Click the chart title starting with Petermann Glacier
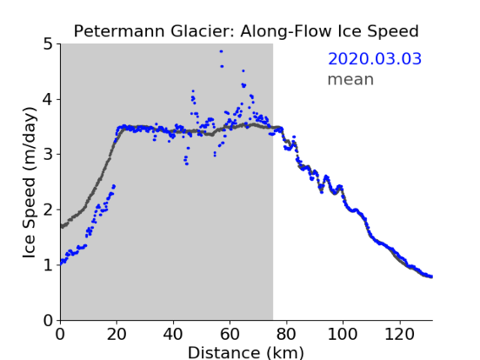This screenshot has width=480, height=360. coord(246,31)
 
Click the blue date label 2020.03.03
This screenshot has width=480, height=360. coord(374,59)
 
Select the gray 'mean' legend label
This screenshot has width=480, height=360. coord(351,79)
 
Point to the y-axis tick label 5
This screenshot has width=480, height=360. coord(48,45)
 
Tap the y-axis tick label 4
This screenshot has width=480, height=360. coord(48,100)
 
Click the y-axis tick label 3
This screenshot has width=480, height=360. coord(48,155)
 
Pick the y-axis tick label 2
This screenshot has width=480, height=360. coord(48,210)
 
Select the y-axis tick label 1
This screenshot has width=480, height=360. coord(48,265)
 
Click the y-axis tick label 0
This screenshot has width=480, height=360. coord(48,320)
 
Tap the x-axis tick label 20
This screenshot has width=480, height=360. coord(117,334)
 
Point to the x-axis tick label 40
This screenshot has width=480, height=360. coord(173,334)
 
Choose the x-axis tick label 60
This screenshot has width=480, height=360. coord(230,334)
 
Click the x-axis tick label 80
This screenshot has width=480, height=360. coord(286,334)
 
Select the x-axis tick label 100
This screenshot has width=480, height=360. coord(342,334)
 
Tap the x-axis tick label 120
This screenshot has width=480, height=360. coord(399,334)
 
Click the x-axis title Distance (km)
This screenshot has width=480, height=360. coord(246,352)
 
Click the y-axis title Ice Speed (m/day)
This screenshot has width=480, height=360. coord(30,183)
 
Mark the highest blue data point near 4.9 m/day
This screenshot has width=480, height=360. coord(221,52)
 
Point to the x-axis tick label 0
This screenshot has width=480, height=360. coord(60,334)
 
